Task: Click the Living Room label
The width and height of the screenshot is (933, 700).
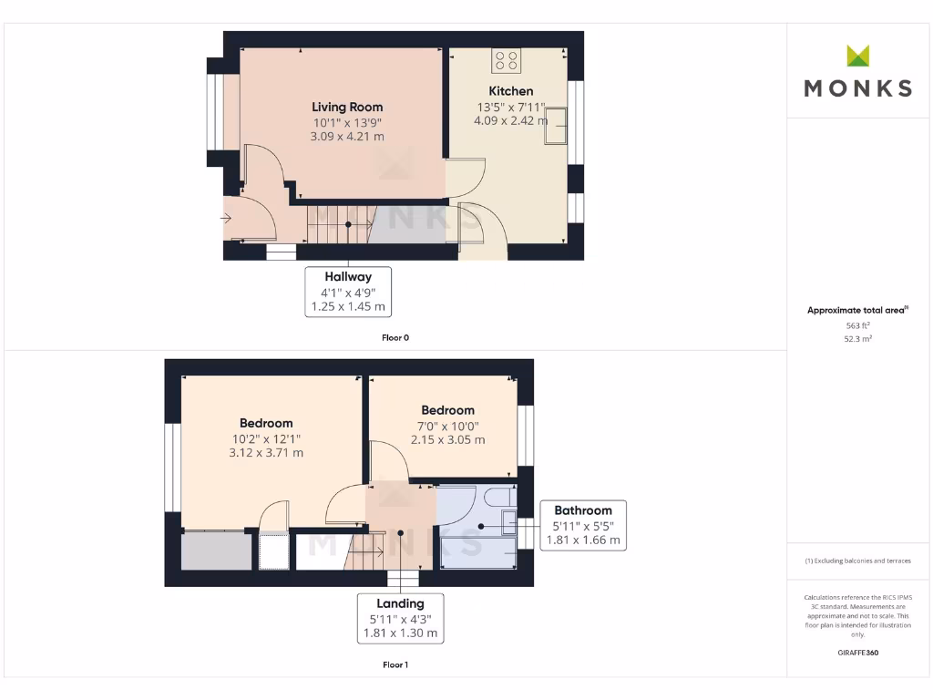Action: pos(347,107)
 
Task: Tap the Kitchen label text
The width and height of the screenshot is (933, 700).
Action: pos(511,91)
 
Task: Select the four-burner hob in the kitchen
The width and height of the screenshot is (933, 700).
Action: pos(506,60)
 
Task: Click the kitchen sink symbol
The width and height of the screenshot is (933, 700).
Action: pos(555,126)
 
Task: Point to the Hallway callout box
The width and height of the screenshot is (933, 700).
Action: pos(347,292)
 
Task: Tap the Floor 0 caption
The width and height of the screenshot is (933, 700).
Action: pos(395,337)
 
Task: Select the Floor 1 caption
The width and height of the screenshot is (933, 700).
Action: pos(395,664)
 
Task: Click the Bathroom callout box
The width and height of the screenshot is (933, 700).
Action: pos(583,525)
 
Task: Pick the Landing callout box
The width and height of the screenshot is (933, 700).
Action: pos(401,618)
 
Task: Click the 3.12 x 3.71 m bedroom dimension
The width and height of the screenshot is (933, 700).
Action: pos(266,452)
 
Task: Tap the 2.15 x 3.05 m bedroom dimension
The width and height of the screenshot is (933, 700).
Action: pos(447,439)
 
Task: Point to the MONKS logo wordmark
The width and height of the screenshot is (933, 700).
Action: pos(857,87)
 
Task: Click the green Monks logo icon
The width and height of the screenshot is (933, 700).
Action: pos(857,56)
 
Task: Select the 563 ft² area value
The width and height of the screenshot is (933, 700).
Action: pos(857,325)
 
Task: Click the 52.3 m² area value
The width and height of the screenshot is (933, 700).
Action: pos(857,338)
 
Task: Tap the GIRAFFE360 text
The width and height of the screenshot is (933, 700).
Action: pos(857,653)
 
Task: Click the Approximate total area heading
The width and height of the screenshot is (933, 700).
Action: pos(856,311)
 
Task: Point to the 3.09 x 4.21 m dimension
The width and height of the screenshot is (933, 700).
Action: pos(347,137)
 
